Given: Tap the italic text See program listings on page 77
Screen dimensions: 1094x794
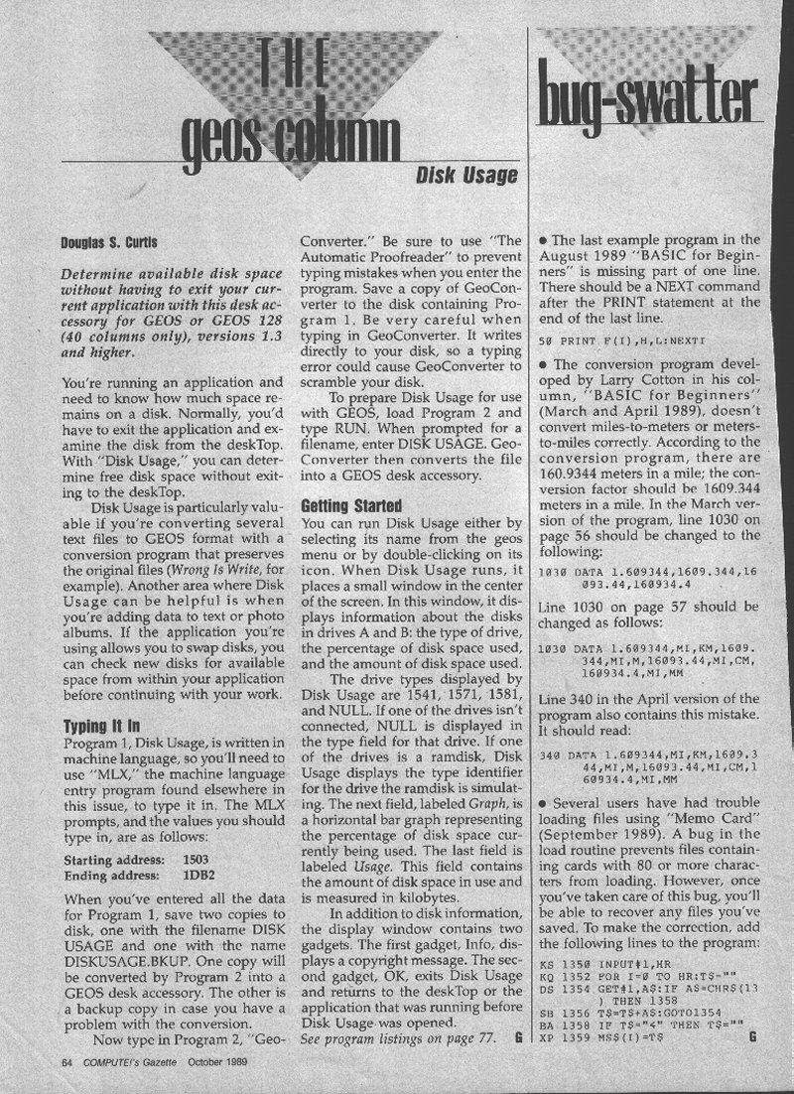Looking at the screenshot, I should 394,1037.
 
